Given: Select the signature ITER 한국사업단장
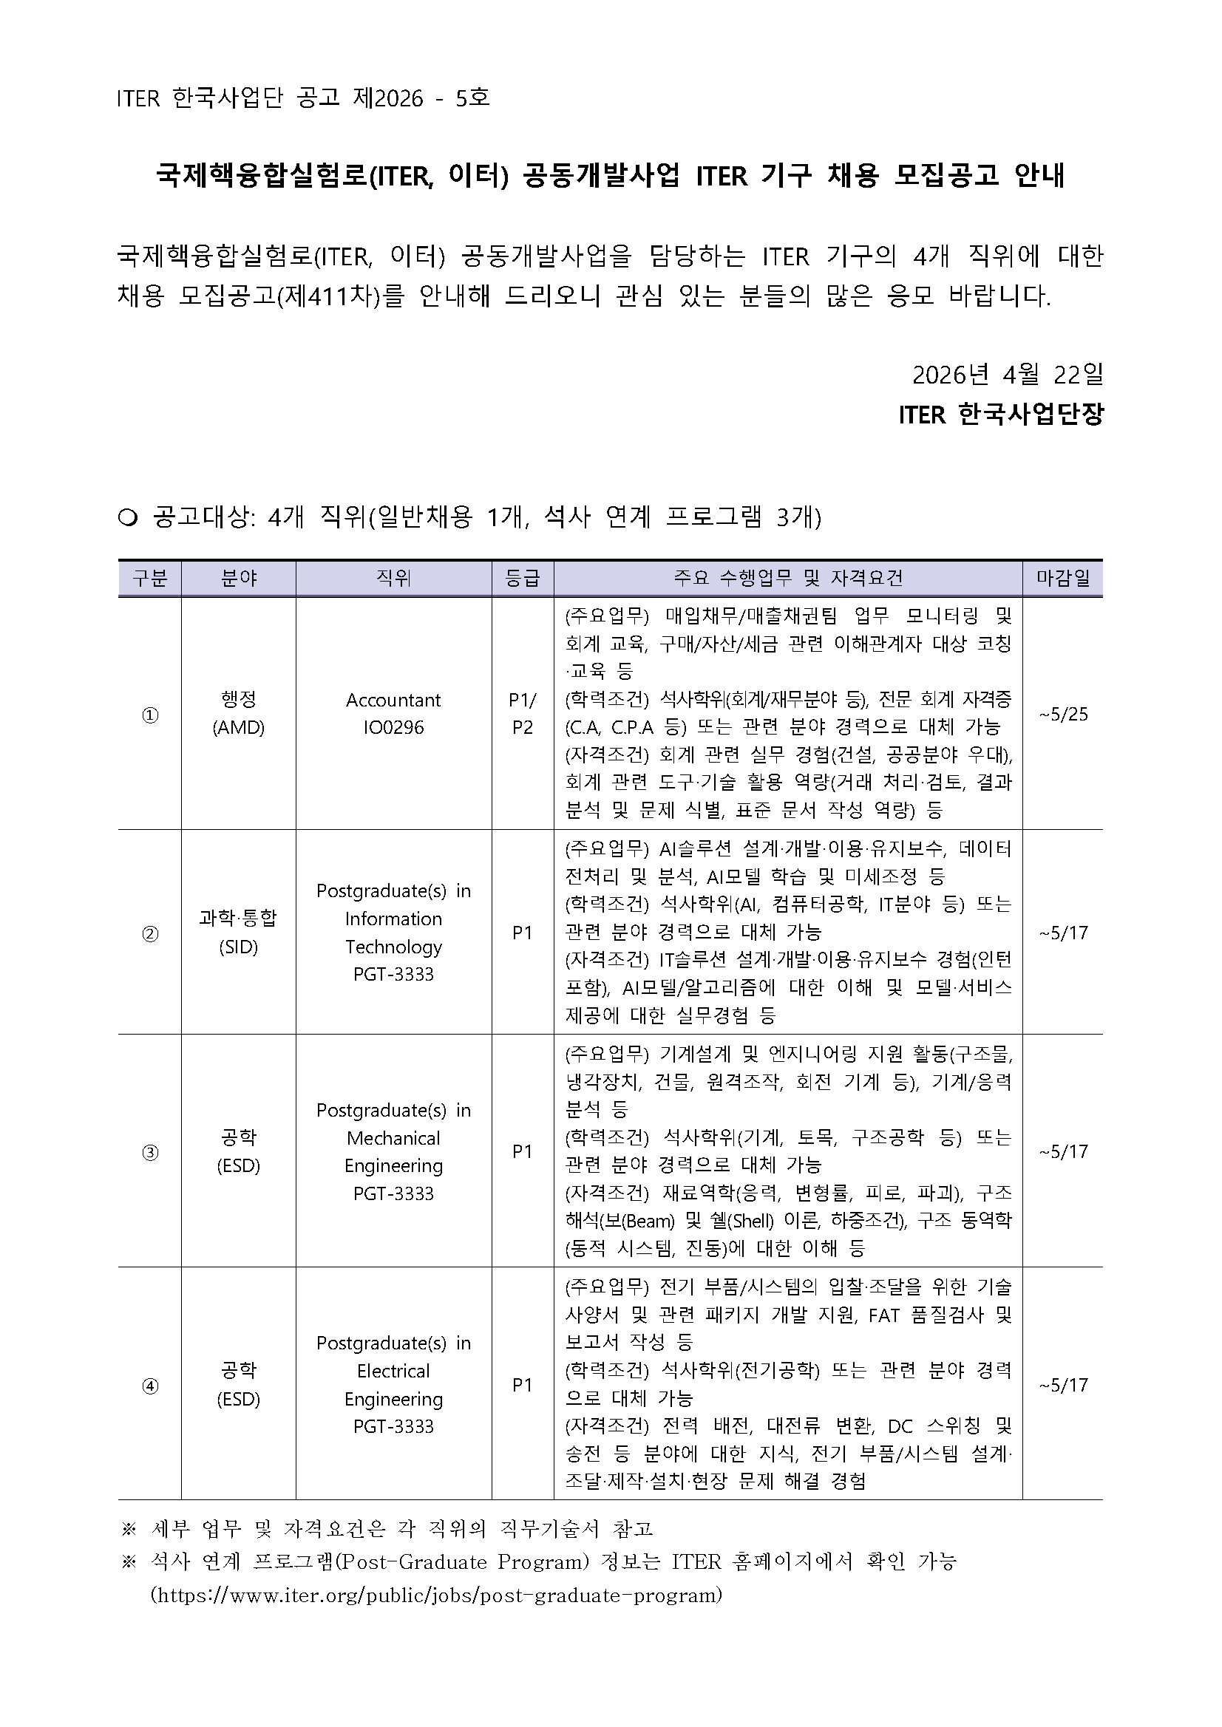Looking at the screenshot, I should (1001, 415).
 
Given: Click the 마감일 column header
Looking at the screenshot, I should (1062, 578).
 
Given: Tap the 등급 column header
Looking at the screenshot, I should (522, 578).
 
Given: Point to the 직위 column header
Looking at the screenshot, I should (393, 578).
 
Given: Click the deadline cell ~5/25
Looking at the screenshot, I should (1062, 714).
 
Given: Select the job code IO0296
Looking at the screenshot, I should (393, 727).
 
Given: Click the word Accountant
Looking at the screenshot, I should (393, 701).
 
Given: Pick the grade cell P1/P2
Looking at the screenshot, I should (522, 714).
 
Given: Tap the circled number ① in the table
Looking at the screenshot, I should (150, 715).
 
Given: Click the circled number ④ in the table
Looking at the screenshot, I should (150, 1386).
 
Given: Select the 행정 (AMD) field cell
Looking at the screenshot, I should (239, 714).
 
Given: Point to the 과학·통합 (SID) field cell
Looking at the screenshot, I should (239, 932).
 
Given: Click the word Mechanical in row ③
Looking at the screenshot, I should (393, 1138).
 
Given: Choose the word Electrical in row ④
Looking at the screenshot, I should (393, 1372).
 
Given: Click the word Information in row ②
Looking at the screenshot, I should (393, 919).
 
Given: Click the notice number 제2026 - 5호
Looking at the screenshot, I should (421, 98).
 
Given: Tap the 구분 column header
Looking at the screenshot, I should (150, 578).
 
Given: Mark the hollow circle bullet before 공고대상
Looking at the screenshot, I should (128, 518).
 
